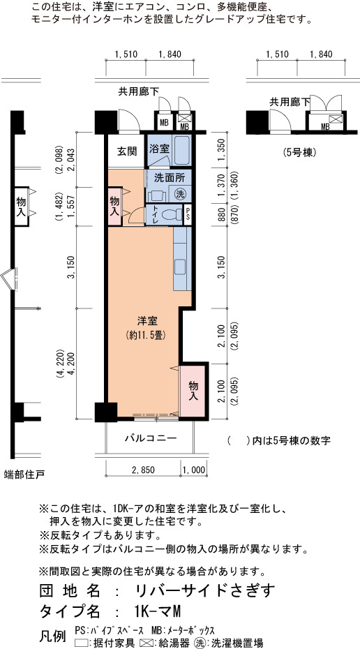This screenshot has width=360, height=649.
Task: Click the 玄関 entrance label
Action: point(126,151)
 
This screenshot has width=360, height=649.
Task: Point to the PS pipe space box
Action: point(188,215)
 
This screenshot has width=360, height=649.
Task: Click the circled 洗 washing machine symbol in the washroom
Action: point(179,193)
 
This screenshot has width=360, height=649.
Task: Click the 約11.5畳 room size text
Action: point(146,335)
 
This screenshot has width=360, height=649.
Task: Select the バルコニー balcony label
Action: point(151,438)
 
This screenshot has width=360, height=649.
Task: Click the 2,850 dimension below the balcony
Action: point(143,470)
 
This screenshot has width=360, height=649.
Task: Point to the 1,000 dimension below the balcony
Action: point(194,470)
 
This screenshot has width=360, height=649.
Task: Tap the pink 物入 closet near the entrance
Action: point(114,206)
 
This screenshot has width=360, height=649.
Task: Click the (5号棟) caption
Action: point(300,152)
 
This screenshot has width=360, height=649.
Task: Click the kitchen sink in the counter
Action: point(181,267)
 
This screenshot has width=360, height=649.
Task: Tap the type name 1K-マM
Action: point(157,611)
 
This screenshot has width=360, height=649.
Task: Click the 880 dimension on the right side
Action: point(221,215)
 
